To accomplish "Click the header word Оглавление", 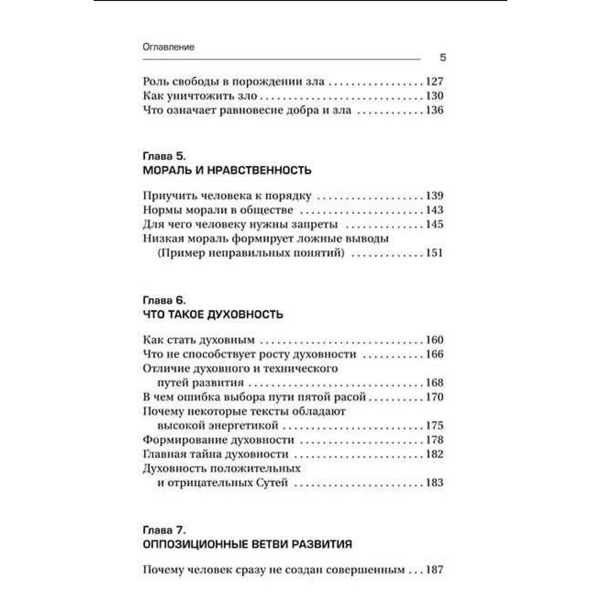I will [x=168, y=47].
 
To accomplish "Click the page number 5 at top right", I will [x=442, y=58].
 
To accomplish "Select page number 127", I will [x=434, y=82].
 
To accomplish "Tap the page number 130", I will [x=434, y=96].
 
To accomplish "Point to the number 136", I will [x=434, y=111].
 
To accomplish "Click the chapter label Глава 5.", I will [x=164, y=155].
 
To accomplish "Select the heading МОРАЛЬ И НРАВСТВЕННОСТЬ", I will [x=227, y=170].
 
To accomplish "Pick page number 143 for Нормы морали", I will [x=434, y=210].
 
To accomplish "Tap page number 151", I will [x=434, y=253].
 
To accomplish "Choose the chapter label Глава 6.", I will [x=164, y=300].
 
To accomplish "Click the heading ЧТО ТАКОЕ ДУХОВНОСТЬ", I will [x=213, y=315].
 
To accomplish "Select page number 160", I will [x=434, y=340].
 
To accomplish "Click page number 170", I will [x=434, y=398].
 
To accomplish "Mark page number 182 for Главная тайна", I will [x=434, y=455].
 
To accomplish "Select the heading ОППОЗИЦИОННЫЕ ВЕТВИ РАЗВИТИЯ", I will [x=247, y=544].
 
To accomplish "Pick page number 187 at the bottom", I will [x=434, y=570].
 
